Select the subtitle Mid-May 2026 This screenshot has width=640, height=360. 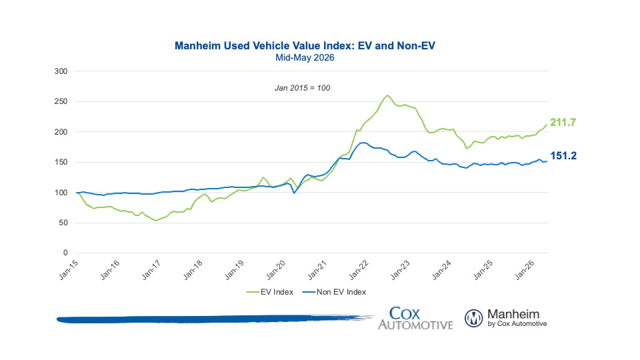pos(305,57)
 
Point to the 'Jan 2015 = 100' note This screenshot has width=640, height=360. pos(303,88)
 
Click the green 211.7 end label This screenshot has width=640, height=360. pos(563,122)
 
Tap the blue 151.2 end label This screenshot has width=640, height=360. pos(563,155)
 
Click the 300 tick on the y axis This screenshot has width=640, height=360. pos(61,71)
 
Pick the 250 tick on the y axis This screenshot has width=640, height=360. pos(61,101)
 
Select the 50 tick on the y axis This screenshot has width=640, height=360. pos(63,223)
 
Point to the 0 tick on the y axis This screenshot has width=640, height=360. pos(65,253)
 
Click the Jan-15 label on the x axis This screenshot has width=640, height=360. pos(69,270)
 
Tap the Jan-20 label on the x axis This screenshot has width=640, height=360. pos(276,270)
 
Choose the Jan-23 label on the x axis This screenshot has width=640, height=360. pos(400,270)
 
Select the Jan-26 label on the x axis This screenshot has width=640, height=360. pos(525,270)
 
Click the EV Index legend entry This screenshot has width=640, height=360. pos(270,292)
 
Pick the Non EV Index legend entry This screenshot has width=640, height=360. pos(334,292)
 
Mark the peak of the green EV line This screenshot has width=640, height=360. pos(387,95)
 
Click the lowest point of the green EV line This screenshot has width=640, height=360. pos(155,221)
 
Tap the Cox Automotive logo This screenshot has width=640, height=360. pos(415,319)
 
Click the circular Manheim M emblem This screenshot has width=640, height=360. pos(474,319)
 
